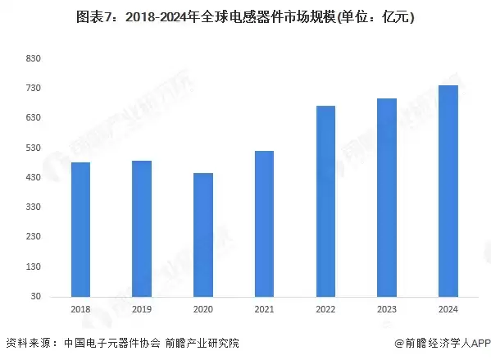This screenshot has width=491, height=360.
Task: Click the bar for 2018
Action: tap(80, 230)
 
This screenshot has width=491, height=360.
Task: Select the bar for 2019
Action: tap(142, 229)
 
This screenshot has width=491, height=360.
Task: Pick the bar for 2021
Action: tap(264, 224)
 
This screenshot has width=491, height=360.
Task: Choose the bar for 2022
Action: tap(325, 201)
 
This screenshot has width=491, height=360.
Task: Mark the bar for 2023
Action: tap(387, 198)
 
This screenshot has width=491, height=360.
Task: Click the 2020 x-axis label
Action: tap(203, 309)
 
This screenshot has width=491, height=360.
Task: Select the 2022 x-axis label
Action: tap(325, 309)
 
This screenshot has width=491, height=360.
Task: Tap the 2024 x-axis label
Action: tap(448, 309)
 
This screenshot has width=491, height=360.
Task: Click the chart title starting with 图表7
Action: tap(245, 17)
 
